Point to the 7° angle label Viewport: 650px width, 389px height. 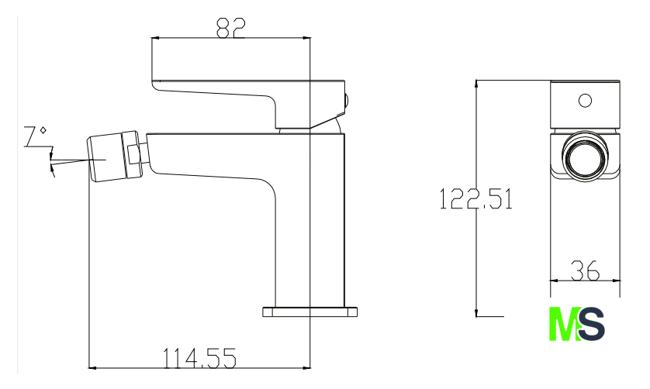pyautogui.click(x=36, y=138)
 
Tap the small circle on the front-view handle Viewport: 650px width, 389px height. pyautogui.click(x=585, y=99)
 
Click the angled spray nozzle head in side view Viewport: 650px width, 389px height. pyautogui.click(x=109, y=157)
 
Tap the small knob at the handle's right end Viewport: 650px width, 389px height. pyautogui.click(x=346, y=101)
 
